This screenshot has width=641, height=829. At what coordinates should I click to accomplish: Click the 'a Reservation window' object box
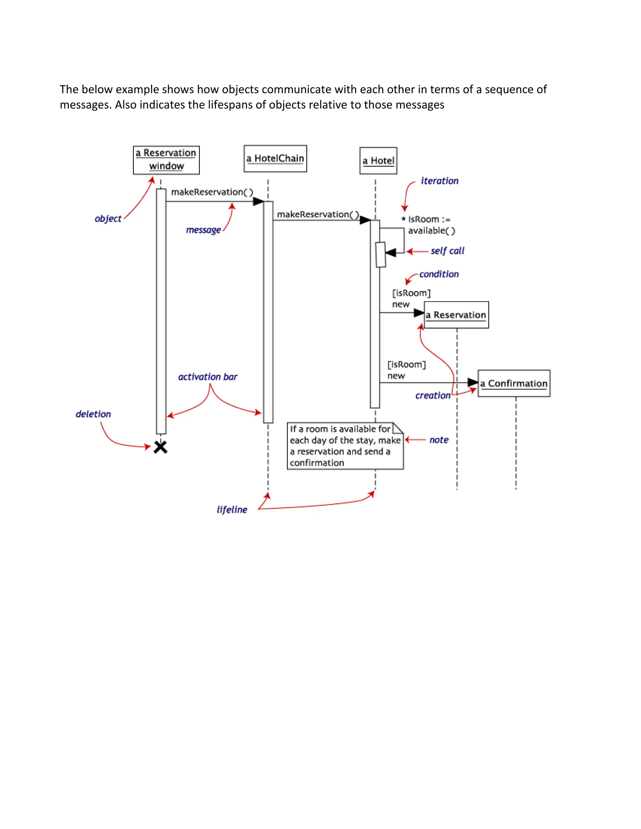166,160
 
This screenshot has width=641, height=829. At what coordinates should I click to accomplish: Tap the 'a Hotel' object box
378,160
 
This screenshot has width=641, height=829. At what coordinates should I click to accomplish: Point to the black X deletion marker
161,447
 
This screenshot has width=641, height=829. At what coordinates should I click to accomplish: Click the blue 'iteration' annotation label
439,181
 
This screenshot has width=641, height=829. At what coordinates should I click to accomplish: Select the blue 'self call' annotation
447,251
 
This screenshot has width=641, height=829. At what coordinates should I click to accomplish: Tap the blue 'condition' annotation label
439,274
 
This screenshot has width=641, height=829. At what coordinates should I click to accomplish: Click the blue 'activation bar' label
208,377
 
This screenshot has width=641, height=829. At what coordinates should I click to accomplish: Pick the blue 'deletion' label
93,414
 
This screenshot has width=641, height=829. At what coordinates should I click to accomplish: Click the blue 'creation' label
433,395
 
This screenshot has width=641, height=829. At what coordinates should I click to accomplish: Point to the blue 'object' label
108,219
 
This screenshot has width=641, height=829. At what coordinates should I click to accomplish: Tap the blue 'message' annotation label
203,230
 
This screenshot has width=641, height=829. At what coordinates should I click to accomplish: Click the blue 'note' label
439,440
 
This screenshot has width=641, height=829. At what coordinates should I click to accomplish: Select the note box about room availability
345,446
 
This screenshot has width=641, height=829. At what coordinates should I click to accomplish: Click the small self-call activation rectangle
381,254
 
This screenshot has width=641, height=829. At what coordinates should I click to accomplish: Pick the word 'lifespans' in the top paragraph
230,104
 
